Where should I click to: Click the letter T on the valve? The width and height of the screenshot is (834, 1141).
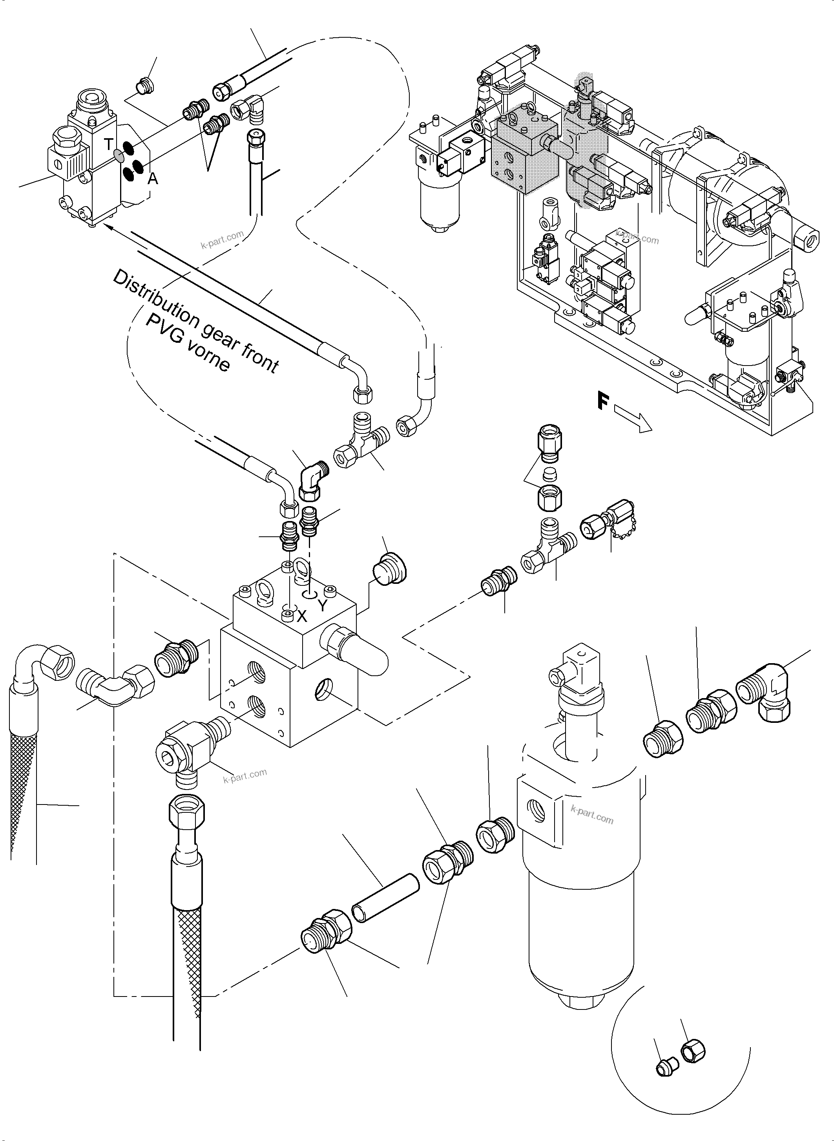(109, 144)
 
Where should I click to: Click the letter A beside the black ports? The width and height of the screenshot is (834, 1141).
(152, 178)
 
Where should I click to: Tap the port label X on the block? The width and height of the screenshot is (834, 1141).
(301, 616)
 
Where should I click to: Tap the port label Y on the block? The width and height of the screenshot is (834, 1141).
(323, 605)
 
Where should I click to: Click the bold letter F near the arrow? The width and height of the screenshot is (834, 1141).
(603, 402)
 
